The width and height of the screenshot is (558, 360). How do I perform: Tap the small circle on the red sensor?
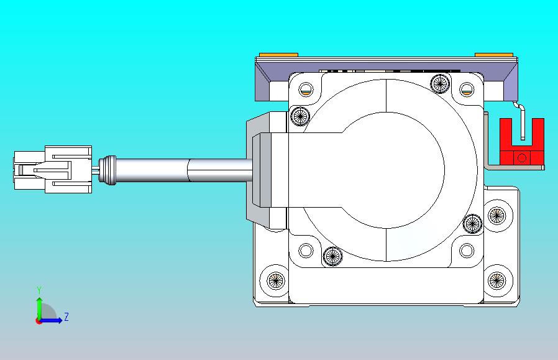pyautogui.click(x=522, y=158)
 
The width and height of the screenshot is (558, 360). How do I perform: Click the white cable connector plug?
pyautogui.click(x=53, y=170)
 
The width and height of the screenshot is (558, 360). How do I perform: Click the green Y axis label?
pyautogui.click(x=39, y=290)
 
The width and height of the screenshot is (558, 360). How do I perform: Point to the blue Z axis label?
pyautogui.click(x=66, y=316)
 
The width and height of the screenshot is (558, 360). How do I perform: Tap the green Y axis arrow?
pyautogui.click(x=39, y=308)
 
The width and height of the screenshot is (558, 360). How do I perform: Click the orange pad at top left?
pyautogui.click(x=278, y=55)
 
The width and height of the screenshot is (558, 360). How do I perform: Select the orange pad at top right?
pyautogui.click(x=494, y=55)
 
